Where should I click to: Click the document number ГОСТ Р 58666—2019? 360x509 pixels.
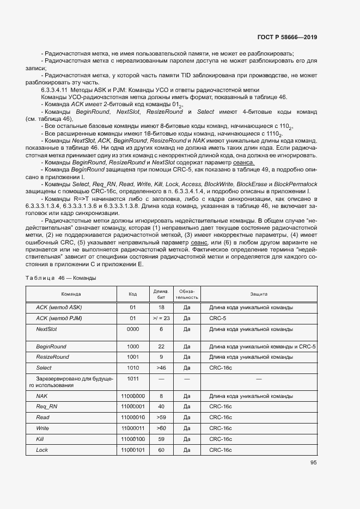pos(286,38)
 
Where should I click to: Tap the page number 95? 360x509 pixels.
pos(314,463)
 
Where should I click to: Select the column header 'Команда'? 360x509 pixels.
pos(71,294)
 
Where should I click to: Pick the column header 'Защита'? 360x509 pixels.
pos(259,294)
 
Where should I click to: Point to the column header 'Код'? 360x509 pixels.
pos(132,294)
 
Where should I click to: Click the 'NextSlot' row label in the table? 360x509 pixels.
pos(46,329)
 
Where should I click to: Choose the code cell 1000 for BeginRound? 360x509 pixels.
pos(132,346)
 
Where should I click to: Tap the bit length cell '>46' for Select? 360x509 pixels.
pos(161,368)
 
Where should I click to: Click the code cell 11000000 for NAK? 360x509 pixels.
pos(133,396)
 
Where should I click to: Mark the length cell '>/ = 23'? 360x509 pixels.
pos(161,318)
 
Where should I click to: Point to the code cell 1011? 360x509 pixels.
pos(132,378)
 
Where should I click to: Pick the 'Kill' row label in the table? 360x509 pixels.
pos(40,439)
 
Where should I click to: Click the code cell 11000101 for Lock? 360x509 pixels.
pos(133,450)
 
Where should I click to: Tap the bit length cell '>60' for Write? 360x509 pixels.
pos(161,428)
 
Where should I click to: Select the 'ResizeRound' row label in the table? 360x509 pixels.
pos(52,357)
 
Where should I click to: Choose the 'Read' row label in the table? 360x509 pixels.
pos(42,418)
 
